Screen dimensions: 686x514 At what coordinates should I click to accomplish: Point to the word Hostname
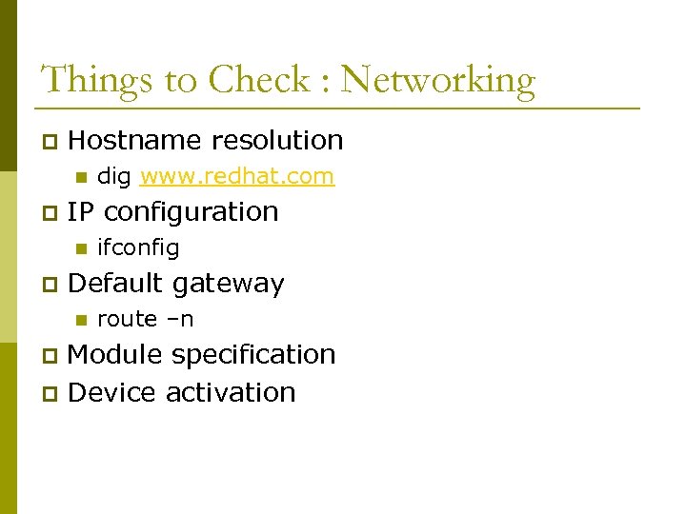pyautogui.click(x=135, y=141)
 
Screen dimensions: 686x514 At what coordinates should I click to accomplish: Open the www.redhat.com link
pyautogui.click(x=236, y=176)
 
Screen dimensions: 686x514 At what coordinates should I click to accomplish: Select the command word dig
pyautogui.click(x=114, y=177)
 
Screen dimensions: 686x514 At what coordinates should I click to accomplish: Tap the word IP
pyautogui.click(x=82, y=211)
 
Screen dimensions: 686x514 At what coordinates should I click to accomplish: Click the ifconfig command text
pyautogui.click(x=138, y=248)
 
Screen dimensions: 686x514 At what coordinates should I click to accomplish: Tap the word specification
pyautogui.click(x=253, y=356)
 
